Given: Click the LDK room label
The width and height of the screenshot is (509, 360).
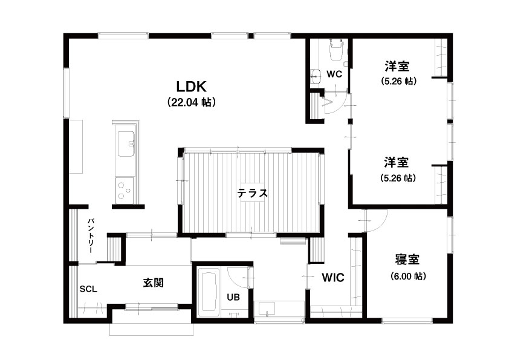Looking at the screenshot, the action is point(191,87).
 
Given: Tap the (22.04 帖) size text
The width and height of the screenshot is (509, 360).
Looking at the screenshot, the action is point(191,102).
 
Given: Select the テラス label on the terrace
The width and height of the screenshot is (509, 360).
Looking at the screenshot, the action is point(252,194).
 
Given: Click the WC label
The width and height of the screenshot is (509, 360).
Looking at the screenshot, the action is point(334,74).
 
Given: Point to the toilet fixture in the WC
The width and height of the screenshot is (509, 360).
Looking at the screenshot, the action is point(336,50).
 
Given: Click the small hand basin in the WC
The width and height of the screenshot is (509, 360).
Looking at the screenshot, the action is point(314,77).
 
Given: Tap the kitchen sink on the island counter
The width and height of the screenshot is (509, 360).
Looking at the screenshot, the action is point(126,143).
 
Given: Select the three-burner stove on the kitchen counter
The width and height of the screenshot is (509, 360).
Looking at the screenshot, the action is point(125,190).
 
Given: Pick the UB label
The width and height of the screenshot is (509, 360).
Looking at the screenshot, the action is point(233,296).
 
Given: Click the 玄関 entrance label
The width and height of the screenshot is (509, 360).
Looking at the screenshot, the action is point(153,283).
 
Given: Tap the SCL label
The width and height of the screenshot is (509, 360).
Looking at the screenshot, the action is point(88,289).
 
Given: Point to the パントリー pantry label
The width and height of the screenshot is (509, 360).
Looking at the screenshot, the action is point(90,235).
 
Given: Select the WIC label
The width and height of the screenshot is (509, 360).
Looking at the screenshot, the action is point(333,278).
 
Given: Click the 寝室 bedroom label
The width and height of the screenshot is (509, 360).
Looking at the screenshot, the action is point(407,260).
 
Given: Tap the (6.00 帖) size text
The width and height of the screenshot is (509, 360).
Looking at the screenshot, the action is point(408,276).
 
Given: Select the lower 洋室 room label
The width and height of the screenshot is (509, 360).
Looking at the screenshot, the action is point(397,162).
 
